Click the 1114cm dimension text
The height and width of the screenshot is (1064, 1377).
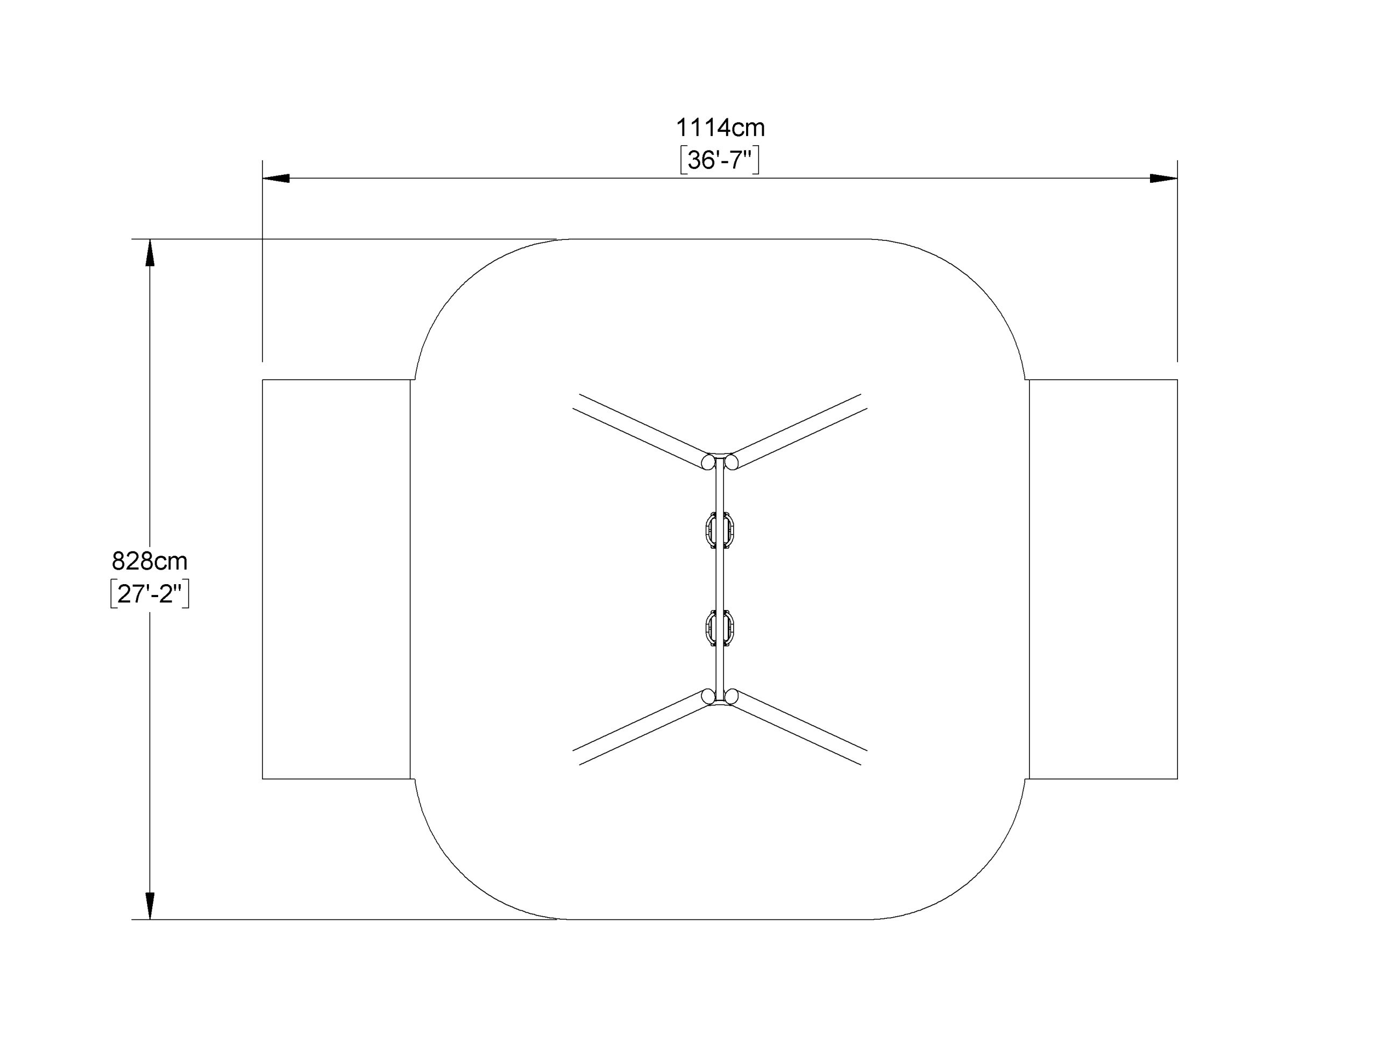(x=720, y=128)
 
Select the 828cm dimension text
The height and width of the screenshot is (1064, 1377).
(x=150, y=561)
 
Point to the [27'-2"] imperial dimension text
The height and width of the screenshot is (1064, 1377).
(x=150, y=593)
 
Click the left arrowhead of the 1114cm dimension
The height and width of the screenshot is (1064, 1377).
(x=276, y=179)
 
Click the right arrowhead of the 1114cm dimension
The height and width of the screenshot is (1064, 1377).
(x=1164, y=179)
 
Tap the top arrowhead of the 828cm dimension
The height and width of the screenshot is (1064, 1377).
(x=150, y=252)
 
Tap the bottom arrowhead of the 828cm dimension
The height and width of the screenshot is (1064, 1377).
(x=150, y=906)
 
